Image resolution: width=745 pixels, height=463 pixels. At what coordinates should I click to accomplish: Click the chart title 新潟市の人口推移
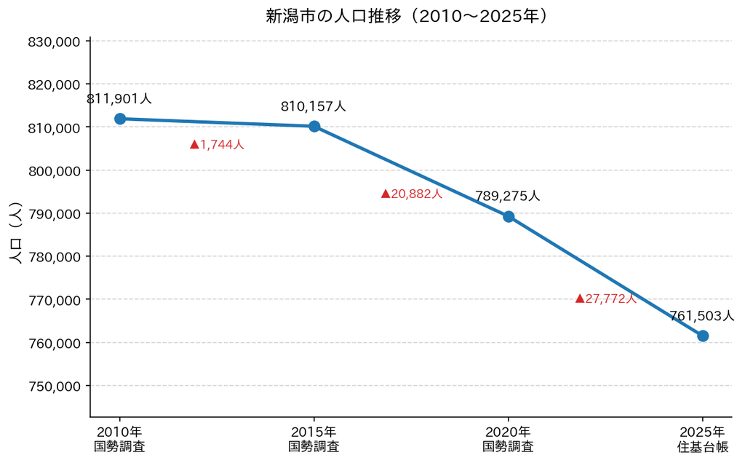click(332, 16)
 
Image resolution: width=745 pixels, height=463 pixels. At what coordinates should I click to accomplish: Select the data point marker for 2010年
click(120, 119)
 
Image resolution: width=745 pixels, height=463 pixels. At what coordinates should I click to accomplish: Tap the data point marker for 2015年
click(314, 127)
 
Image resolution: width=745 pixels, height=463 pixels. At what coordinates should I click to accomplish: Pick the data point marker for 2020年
click(509, 217)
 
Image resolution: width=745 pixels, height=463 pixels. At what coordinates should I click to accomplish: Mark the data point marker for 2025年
click(703, 336)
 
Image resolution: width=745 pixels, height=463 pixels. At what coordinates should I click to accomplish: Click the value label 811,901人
click(119, 99)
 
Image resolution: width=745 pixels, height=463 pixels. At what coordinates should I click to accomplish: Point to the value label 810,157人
click(314, 106)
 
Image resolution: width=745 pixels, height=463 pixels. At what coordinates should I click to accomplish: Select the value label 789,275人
click(508, 196)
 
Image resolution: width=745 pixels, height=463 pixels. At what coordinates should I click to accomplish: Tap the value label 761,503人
click(702, 316)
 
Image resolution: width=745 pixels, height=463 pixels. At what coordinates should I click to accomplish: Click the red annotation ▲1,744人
click(217, 145)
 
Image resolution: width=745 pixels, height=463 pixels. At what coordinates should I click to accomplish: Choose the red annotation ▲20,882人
click(412, 194)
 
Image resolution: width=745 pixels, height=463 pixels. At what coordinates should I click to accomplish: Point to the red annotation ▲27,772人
click(606, 298)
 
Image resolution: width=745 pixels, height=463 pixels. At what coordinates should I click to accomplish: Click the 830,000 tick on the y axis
click(54, 41)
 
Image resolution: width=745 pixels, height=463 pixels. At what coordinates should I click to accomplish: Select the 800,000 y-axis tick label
click(54, 171)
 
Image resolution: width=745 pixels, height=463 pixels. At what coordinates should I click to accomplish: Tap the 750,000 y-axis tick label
click(54, 387)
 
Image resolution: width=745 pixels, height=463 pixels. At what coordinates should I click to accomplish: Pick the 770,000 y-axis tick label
click(54, 301)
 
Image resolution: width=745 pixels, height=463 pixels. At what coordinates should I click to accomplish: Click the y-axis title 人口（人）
click(16, 232)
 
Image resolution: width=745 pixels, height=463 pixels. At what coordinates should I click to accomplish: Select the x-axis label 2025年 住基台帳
click(703, 439)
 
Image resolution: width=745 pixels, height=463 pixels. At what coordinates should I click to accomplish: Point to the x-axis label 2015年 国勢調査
click(314, 439)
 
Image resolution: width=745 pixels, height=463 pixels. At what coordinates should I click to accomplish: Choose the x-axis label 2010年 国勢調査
click(119, 439)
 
